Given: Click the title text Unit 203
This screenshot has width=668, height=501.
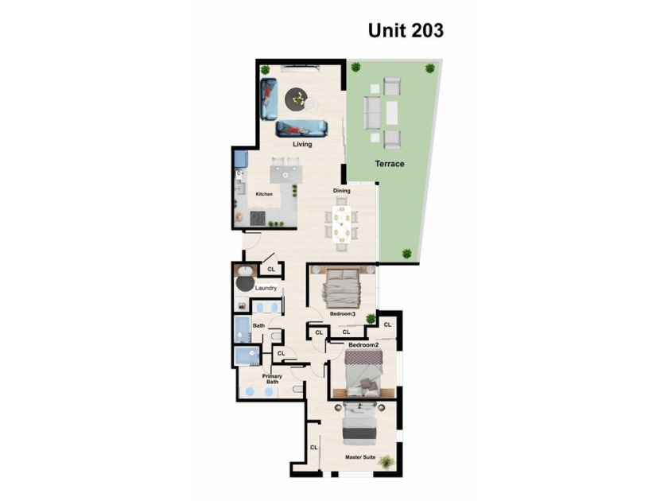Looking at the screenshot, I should pyautogui.click(x=406, y=30).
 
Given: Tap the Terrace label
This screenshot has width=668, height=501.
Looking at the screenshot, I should pyautogui.click(x=390, y=164).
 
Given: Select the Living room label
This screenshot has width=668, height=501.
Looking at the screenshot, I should pyautogui.click(x=302, y=145).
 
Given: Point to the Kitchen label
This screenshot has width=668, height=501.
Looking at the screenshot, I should pyautogui.click(x=264, y=194).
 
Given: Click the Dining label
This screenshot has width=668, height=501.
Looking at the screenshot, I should pyautogui.click(x=342, y=190).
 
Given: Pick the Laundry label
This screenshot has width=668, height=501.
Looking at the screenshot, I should pyautogui.click(x=266, y=288).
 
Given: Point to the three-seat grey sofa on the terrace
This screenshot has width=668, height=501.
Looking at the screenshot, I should pyautogui.click(x=372, y=113).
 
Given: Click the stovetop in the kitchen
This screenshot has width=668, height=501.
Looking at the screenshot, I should pyautogui.click(x=259, y=218).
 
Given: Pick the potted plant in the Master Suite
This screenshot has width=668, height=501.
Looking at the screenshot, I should pyautogui.click(x=386, y=461).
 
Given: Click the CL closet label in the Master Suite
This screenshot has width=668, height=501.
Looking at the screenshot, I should pyautogui.click(x=313, y=447).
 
